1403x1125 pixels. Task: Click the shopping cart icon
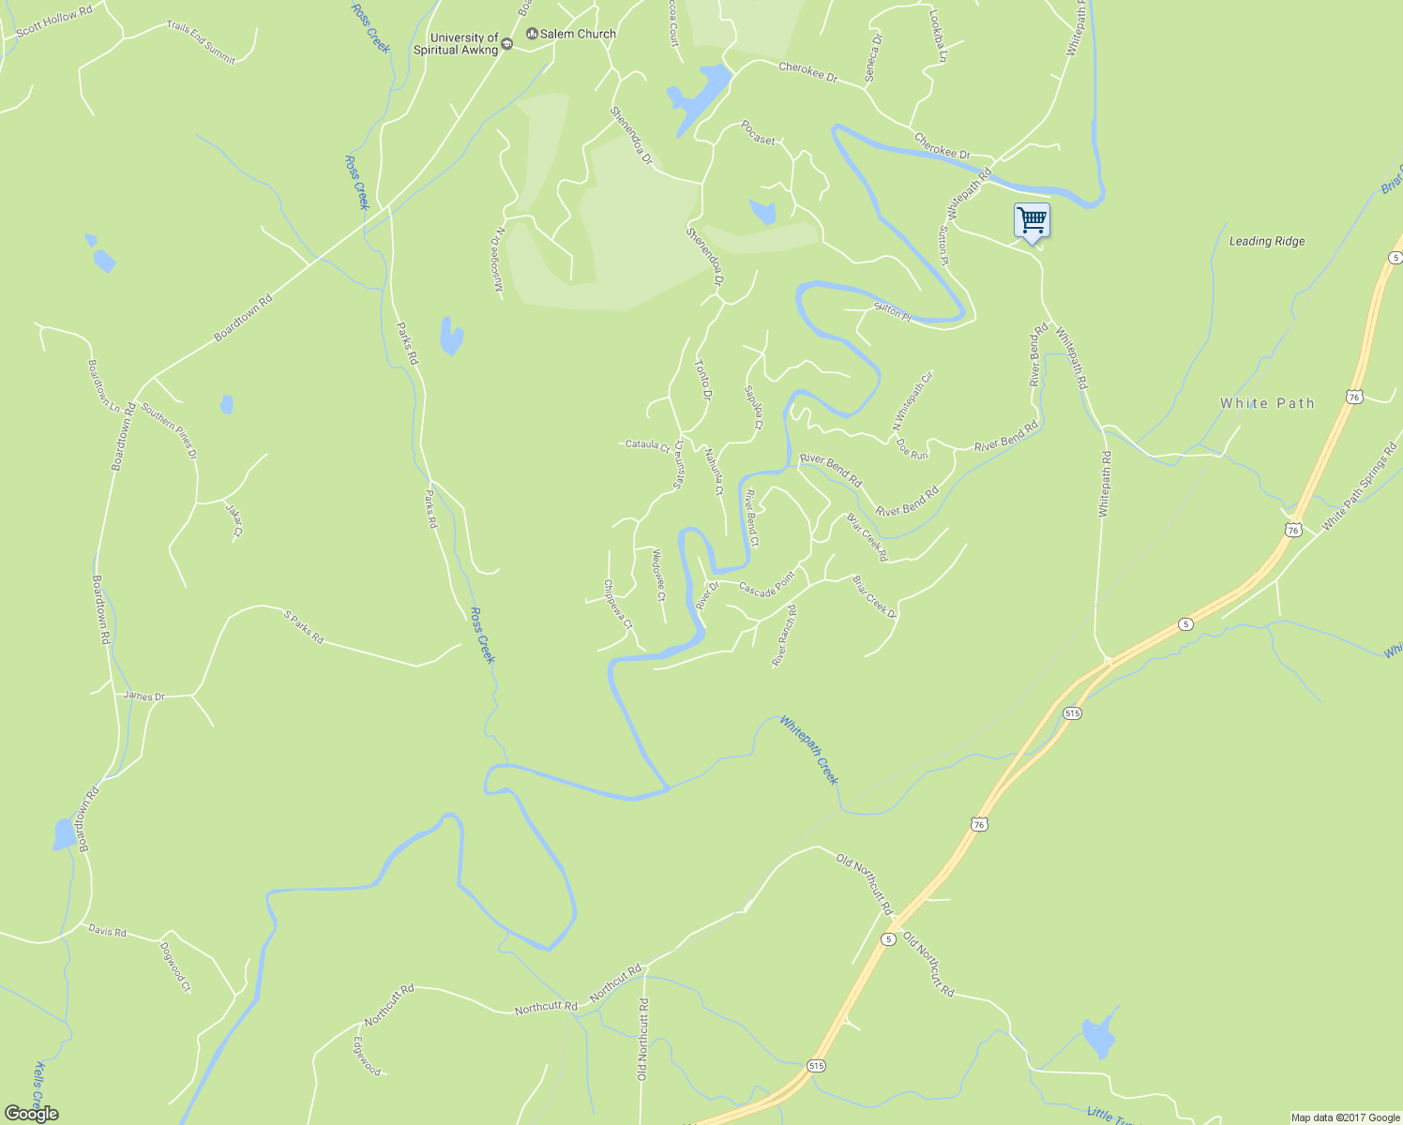1032,221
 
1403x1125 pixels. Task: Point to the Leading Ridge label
1266,241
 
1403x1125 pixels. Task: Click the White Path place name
1267,403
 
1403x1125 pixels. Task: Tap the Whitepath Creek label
809,750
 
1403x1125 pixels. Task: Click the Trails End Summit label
201,42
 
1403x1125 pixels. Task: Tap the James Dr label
143,696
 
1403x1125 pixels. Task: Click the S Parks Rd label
303,626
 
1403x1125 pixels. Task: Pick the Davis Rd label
107,931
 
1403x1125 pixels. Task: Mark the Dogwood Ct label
175,967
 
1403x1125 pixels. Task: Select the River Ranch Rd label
784,636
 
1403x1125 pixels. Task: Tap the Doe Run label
912,449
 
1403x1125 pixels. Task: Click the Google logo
31,1114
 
